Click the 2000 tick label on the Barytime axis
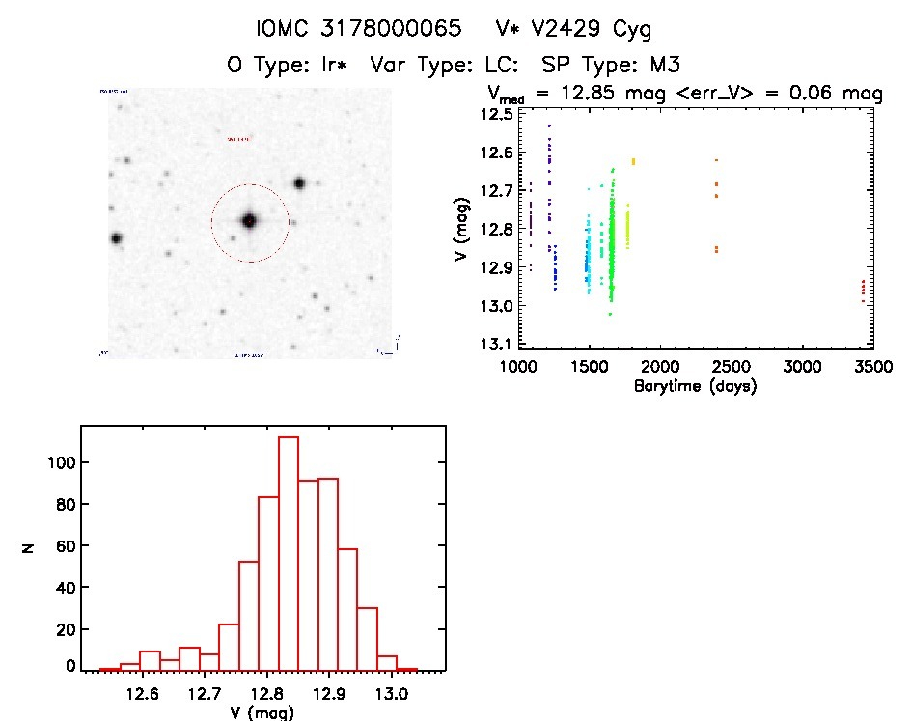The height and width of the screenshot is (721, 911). tap(660, 368)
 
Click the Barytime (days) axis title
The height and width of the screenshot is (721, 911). tap(695, 386)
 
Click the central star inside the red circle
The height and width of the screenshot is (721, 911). tap(249, 221)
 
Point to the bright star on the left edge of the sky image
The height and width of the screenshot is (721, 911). tap(117, 237)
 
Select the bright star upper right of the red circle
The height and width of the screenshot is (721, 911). tap(299, 182)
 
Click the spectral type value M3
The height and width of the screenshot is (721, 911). tap(667, 65)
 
